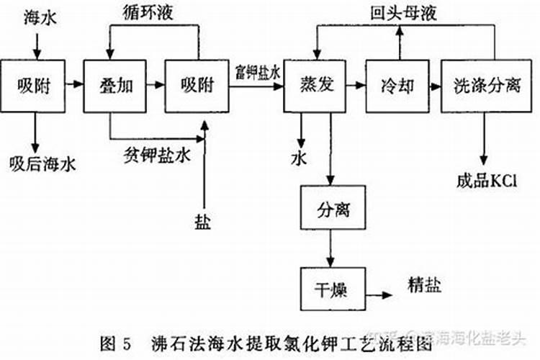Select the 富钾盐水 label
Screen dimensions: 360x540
(256, 72)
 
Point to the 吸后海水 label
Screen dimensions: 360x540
(42, 164)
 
